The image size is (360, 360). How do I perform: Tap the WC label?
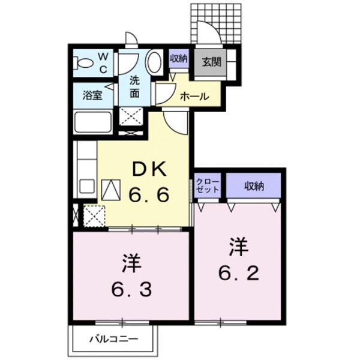[x=103, y=62]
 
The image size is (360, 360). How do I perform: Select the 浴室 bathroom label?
[x=92, y=95]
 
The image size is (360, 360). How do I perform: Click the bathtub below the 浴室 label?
[x=92, y=123]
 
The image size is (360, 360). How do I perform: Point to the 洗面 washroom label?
[x=136, y=87]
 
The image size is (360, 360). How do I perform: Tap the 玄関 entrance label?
[x=211, y=61]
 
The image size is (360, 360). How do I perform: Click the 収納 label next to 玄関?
[x=178, y=59]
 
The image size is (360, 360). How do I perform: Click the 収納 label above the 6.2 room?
[x=254, y=185]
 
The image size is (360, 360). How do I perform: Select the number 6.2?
[x=239, y=273]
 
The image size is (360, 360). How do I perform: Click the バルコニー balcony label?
[x=114, y=340]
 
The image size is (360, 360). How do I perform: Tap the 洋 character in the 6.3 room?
[x=132, y=263]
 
